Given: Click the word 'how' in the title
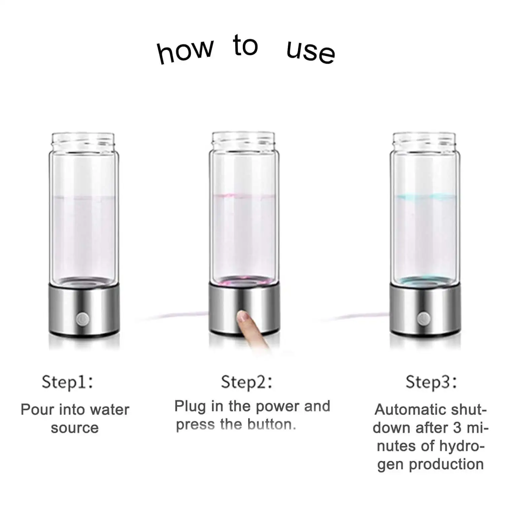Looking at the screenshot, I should pyautogui.click(x=185, y=52).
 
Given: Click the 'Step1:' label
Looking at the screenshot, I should pyautogui.click(x=67, y=382).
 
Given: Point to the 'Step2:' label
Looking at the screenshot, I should pyautogui.click(x=246, y=382).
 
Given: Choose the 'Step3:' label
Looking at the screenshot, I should pyautogui.click(x=431, y=382).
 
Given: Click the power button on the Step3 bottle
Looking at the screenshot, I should pyautogui.click(x=423, y=318).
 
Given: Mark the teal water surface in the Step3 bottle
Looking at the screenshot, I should pyautogui.click(x=424, y=196).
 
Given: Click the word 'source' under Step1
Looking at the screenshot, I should pyautogui.click(x=75, y=428).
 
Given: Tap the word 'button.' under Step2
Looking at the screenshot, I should pyautogui.click(x=272, y=425).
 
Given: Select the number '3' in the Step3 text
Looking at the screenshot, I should pyautogui.click(x=457, y=428).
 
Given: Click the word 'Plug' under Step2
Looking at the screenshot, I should pyautogui.click(x=190, y=407).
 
